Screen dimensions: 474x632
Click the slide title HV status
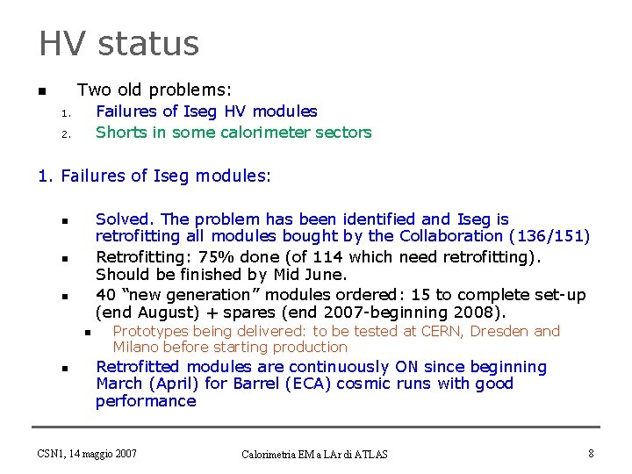pyautogui.click(x=118, y=43)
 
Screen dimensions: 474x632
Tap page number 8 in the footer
pyautogui.click(x=591, y=453)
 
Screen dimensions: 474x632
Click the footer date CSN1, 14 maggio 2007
pyautogui.click(x=87, y=453)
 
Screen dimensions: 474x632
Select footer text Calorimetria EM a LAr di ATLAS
pyautogui.click(x=315, y=454)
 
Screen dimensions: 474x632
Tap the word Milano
pyautogui.click(x=136, y=347)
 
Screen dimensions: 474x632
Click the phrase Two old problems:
pyautogui.click(x=154, y=90)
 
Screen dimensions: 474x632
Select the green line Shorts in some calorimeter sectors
pyautogui.click(x=233, y=133)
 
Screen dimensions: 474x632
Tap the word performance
pyautogui.click(x=146, y=401)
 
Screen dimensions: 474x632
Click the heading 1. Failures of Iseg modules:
pyautogui.click(x=154, y=176)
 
